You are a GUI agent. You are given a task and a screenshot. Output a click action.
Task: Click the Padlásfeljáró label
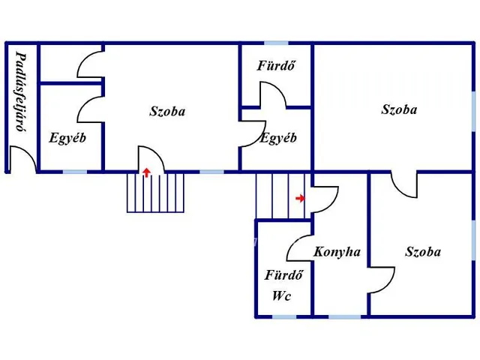21,91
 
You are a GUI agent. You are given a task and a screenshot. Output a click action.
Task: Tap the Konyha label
337,252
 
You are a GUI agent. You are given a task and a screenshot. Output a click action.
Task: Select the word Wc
281,295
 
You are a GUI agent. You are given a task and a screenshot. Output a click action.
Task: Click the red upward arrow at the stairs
147,172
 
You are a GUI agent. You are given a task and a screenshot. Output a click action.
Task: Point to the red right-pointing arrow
300,198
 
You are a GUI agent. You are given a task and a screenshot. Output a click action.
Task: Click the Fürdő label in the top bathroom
277,65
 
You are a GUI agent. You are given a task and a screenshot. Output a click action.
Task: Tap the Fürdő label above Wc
283,275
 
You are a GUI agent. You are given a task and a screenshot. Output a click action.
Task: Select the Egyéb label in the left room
67,138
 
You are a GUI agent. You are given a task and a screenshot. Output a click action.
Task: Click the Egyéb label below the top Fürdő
278,138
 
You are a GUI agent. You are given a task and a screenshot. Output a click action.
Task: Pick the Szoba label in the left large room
167,111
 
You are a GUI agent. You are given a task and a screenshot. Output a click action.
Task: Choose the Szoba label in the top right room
399,109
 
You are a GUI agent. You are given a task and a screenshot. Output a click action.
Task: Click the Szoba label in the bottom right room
423,252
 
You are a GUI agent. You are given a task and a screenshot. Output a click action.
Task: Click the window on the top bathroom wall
276,43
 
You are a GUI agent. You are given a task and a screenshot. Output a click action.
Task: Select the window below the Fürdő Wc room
284,316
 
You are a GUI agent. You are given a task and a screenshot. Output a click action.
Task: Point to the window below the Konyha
345,316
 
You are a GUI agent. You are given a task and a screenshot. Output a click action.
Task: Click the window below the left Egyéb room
75,172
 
